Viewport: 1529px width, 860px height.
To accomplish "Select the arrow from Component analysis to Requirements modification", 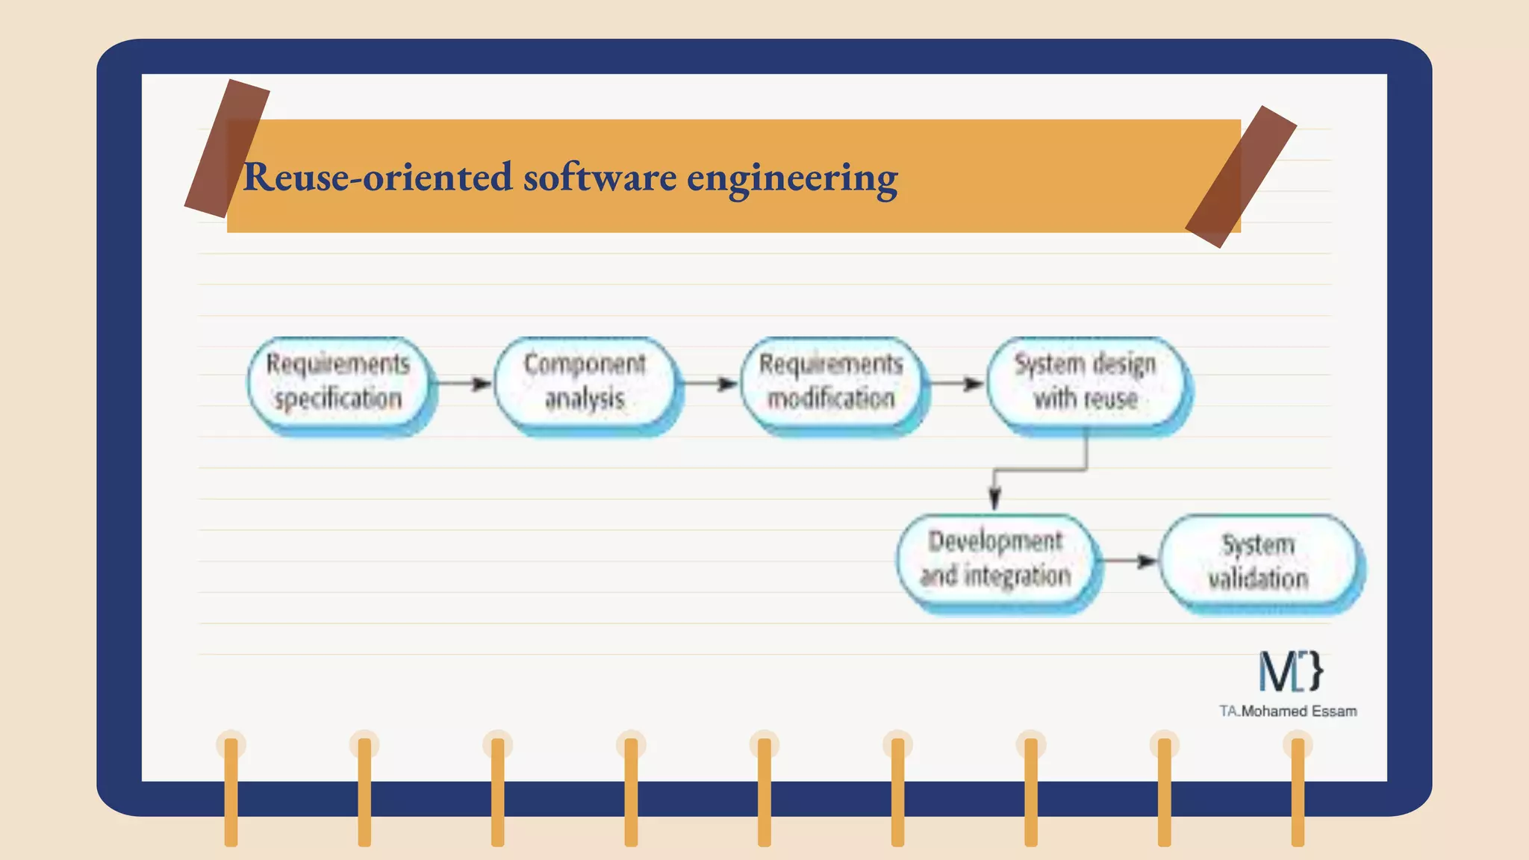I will point(710,384).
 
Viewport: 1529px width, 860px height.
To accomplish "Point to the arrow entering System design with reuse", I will point(956,384).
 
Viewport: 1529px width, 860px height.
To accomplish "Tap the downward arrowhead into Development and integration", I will point(994,496).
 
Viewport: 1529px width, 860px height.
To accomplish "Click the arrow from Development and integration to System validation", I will point(1130,561).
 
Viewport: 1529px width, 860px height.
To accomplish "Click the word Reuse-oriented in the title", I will point(378,178).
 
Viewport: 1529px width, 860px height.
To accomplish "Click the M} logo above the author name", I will point(1291,670).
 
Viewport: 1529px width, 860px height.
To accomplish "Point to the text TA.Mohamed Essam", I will point(1288,711).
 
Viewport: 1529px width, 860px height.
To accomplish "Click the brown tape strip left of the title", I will point(226,148).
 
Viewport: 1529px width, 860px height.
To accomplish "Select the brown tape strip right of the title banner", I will point(1241,177).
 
